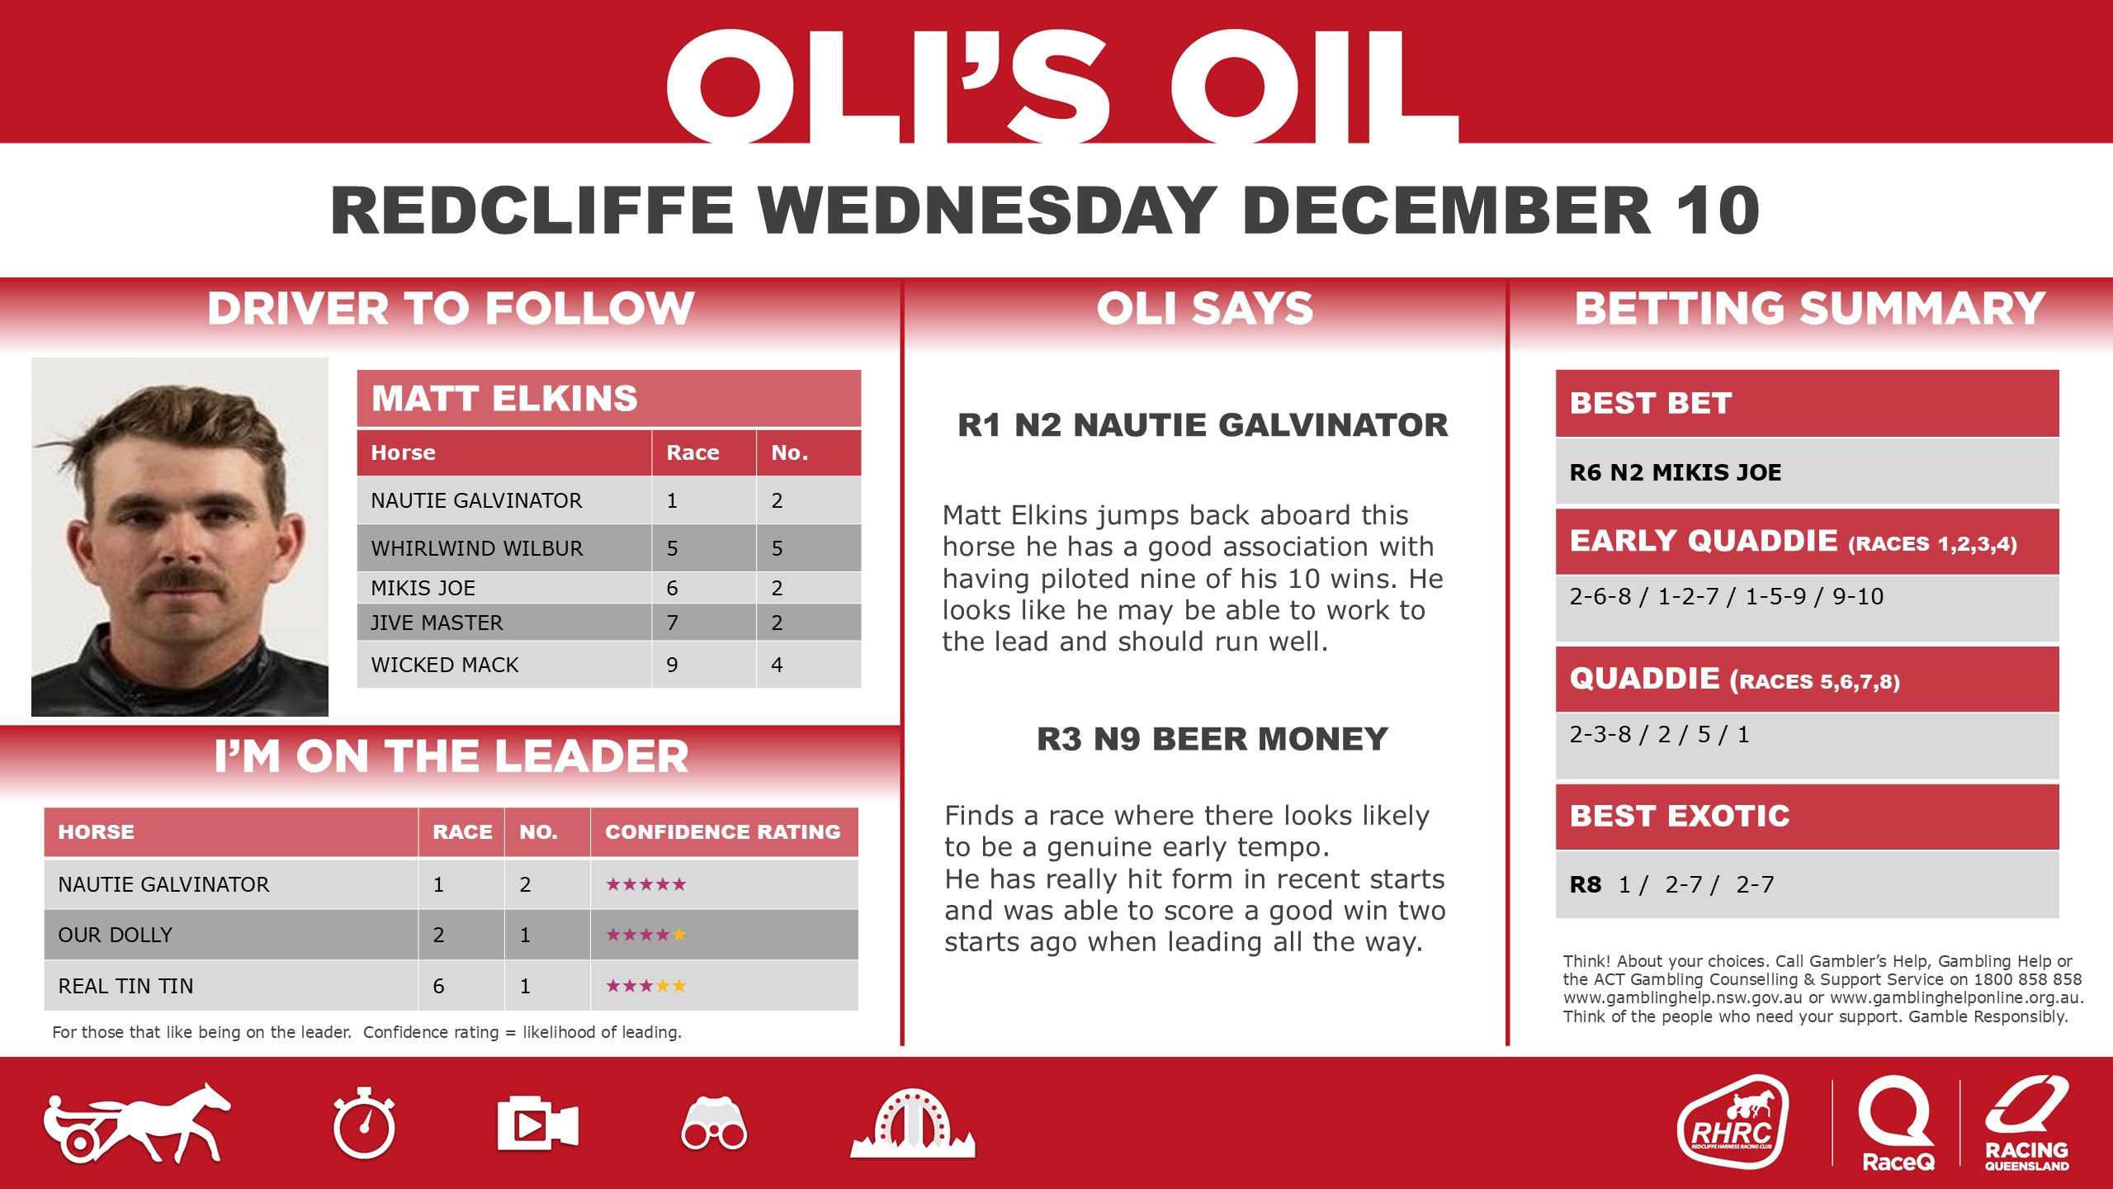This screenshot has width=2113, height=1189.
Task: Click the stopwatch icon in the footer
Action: pyautogui.click(x=364, y=1124)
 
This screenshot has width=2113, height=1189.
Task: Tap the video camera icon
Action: pyautogui.click(x=537, y=1124)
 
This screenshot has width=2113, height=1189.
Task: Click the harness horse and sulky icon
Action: pyautogui.click(x=137, y=1125)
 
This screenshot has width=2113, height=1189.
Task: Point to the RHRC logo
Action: pyautogui.click(x=1732, y=1123)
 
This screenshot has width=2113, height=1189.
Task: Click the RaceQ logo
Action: pyautogui.click(x=1897, y=1123)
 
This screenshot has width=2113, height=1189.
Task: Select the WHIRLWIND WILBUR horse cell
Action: pyautogui.click(x=477, y=548)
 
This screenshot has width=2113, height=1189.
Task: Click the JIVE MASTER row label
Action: pyautogui.click(x=437, y=623)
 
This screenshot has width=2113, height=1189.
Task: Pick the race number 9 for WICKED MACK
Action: pyautogui.click(x=673, y=665)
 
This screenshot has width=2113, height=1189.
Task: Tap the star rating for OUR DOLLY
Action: pyautogui.click(x=645, y=935)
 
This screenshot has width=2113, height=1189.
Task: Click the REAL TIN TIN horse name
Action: pyautogui.click(x=125, y=986)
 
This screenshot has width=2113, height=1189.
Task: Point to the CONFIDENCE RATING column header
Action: pyautogui.click(x=722, y=831)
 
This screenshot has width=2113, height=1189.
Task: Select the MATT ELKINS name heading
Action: pyautogui.click(x=504, y=398)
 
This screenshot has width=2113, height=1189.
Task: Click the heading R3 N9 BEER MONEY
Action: pyautogui.click(x=1212, y=739)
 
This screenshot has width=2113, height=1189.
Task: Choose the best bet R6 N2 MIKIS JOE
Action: pyautogui.click(x=1675, y=472)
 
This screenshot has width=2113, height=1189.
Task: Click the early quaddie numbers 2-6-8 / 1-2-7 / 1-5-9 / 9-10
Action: pyautogui.click(x=1726, y=596)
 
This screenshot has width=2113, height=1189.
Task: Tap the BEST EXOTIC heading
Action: pyautogui.click(x=1680, y=816)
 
